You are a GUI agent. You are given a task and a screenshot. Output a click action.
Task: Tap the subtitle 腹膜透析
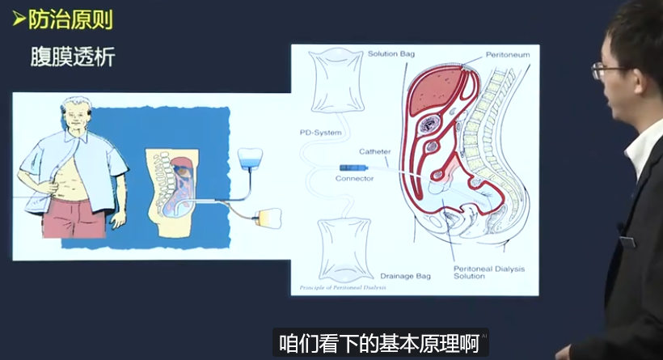(72, 57)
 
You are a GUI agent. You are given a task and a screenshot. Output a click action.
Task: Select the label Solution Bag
(393, 54)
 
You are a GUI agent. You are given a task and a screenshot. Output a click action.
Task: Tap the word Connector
(356, 179)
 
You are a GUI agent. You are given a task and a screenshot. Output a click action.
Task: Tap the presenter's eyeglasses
(610, 69)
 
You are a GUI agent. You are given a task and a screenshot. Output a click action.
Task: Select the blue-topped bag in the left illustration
(255, 157)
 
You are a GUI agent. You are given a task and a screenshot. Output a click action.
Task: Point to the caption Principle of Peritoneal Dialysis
(343, 287)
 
